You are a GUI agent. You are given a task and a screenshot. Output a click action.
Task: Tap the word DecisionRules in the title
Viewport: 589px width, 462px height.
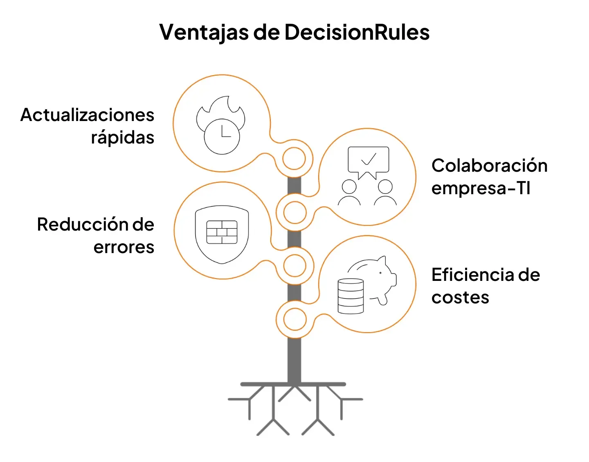tap(357, 32)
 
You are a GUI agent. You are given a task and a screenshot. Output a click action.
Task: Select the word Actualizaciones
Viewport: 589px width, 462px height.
tap(87, 115)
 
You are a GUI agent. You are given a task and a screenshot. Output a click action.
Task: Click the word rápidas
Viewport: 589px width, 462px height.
tap(122, 137)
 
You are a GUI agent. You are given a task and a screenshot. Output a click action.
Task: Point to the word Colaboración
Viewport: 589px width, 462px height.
tap(489, 166)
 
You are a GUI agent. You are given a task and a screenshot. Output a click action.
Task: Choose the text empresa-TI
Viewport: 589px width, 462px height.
tap(481, 188)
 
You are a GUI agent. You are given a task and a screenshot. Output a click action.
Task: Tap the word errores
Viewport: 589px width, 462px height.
tap(124, 247)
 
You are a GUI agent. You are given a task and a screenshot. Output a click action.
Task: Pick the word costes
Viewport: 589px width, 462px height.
tap(460, 297)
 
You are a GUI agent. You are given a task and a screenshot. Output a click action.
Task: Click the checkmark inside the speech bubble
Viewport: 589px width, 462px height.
tap(369, 159)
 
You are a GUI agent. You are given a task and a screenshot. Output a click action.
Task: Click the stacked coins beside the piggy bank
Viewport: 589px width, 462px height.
tap(351, 296)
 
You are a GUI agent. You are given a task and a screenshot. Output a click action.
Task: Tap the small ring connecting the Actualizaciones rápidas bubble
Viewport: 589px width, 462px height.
tap(294, 159)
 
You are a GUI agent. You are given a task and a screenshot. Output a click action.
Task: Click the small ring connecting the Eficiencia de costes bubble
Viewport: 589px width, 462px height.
tap(295, 319)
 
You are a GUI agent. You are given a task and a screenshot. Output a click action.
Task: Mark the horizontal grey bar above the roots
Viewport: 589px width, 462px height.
tap(293, 384)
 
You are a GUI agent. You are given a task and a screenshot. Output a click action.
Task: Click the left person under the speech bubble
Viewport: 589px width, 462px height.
tap(349, 192)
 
